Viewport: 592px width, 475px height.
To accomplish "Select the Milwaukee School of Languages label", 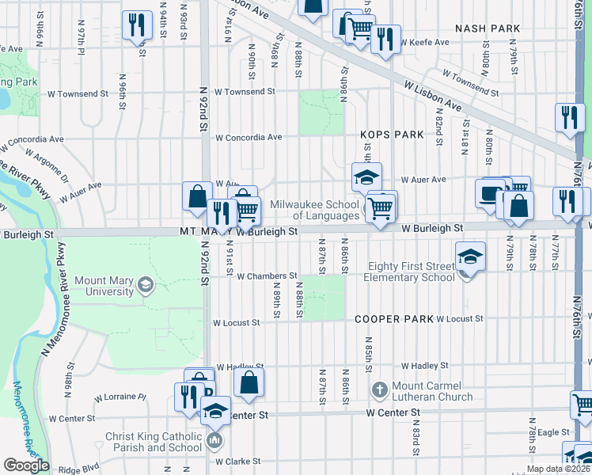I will coord(315,210).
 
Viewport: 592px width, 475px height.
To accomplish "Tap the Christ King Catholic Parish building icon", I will coord(214,439).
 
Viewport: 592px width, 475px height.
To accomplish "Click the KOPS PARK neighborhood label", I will coord(393,135).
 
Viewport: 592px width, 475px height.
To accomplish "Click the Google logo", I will coord(26,465).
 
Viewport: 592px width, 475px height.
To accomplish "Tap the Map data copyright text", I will coord(558,469).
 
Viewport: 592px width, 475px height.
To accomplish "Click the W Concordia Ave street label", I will coord(249,137).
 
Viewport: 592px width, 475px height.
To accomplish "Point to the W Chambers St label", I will coord(267,276).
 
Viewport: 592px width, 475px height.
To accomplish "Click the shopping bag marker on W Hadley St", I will coord(249,382).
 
